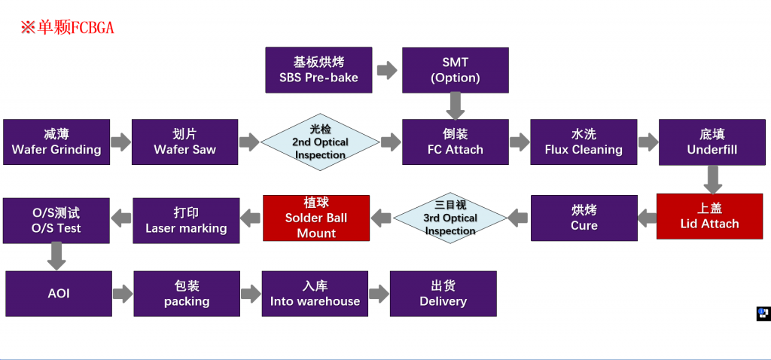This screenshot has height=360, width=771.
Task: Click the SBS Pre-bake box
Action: (318, 70)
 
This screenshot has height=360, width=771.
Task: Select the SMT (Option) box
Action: (455, 70)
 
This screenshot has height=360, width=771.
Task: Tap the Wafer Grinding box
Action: (56, 142)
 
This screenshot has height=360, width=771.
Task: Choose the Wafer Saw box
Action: (184, 142)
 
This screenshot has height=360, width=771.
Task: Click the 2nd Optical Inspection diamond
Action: (320, 142)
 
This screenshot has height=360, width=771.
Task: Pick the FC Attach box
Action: (455, 142)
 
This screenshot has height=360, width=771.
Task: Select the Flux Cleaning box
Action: (584, 142)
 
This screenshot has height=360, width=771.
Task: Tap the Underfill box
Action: (712, 142)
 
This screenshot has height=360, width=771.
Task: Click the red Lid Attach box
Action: (709, 216)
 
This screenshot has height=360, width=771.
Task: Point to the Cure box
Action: (584, 218)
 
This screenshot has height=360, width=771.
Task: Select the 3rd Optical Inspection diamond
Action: (450, 218)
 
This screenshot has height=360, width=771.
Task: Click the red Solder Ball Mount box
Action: (316, 218)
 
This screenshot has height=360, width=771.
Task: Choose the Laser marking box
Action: (186, 221)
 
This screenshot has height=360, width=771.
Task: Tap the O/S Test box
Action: (56, 221)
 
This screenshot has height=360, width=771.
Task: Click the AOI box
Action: (59, 294)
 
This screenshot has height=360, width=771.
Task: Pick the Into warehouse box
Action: (315, 294)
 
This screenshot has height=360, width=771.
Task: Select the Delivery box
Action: (443, 294)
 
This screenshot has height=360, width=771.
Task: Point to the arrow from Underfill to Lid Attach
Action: (712, 179)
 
